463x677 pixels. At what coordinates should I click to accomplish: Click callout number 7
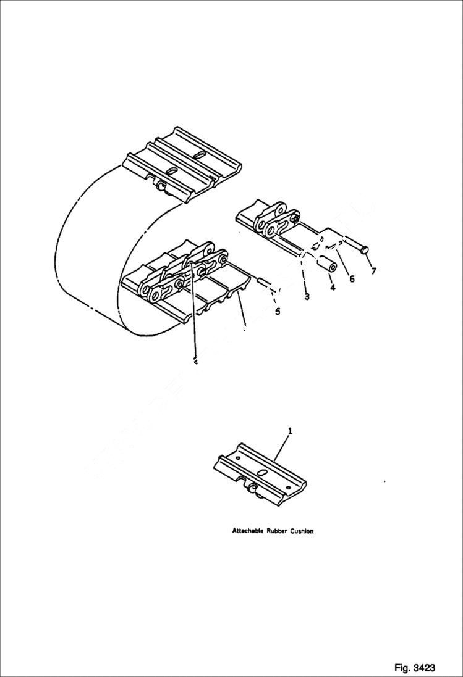click(372, 271)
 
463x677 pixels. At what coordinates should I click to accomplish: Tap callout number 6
click(352, 278)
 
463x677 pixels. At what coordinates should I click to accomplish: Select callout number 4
click(333, 287)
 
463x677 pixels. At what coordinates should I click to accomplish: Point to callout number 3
click(307, 296)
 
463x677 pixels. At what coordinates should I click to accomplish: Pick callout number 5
click(278, 312)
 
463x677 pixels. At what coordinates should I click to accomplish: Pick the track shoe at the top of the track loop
click(183, 164)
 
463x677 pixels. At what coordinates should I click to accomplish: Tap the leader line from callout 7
click(369, 260)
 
